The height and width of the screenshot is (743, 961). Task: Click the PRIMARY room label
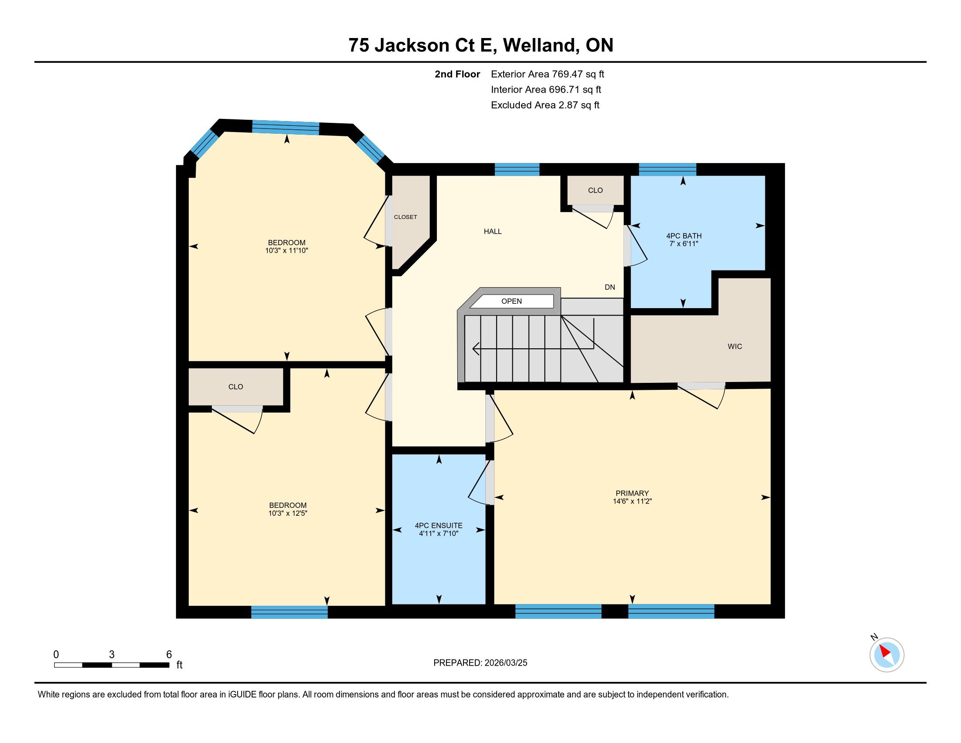click(633, 493)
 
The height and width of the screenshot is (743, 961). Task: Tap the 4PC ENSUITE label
click(438, 525)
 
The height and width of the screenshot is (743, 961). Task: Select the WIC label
click(735, 347)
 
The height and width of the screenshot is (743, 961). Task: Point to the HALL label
click(493, 232)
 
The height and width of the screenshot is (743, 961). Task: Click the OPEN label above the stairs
click(512, 301)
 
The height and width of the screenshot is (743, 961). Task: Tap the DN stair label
click(610, 288)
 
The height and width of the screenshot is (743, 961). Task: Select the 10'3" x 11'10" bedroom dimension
click(287, 250)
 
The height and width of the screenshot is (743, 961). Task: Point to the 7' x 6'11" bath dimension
click(684, 244)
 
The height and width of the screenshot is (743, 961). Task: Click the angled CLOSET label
click(405, 217)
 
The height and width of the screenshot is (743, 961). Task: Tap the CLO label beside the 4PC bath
click(595, 190)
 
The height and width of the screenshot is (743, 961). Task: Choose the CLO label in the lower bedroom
click(236, 387)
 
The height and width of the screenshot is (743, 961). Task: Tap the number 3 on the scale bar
click(112, 655)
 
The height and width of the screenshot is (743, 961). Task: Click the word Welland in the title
click(540, 45)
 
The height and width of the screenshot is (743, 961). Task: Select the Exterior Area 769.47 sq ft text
click(547, 74)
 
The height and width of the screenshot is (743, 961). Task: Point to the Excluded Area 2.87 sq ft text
click(545, 105)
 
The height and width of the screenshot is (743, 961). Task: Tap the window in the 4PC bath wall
click(667, 170)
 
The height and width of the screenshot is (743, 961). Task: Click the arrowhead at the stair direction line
click(475, 349)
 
